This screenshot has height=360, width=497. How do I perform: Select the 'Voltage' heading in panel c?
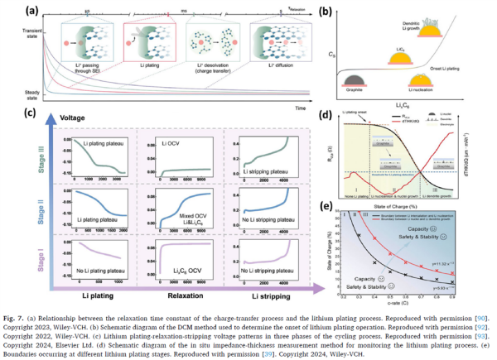click(84, 118)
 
